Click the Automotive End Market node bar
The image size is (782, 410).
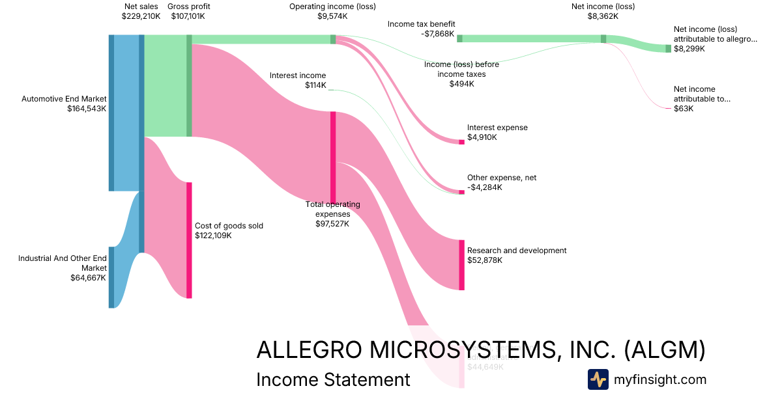click(111, 113)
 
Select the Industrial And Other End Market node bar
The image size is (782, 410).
click(111, 277)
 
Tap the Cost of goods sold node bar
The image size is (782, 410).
click(190, 240)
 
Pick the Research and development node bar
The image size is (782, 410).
click(462, 265)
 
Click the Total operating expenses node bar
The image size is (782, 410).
click(333, 157)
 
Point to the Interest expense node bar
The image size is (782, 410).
click(462, 142)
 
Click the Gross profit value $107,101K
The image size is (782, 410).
click(188, 17)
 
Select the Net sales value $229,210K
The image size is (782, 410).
click(140, 17)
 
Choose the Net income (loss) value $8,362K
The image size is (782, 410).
click(602, 17)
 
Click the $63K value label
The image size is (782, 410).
click(684, 109)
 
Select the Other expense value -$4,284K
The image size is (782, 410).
click(485, 187)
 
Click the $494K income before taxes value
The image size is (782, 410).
click(461, 83)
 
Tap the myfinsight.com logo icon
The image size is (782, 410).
click(598, 379)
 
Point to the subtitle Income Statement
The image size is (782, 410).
click(333, 379)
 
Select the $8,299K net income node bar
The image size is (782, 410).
click(668, 48)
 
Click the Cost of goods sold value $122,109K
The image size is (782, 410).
click(213, 236)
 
